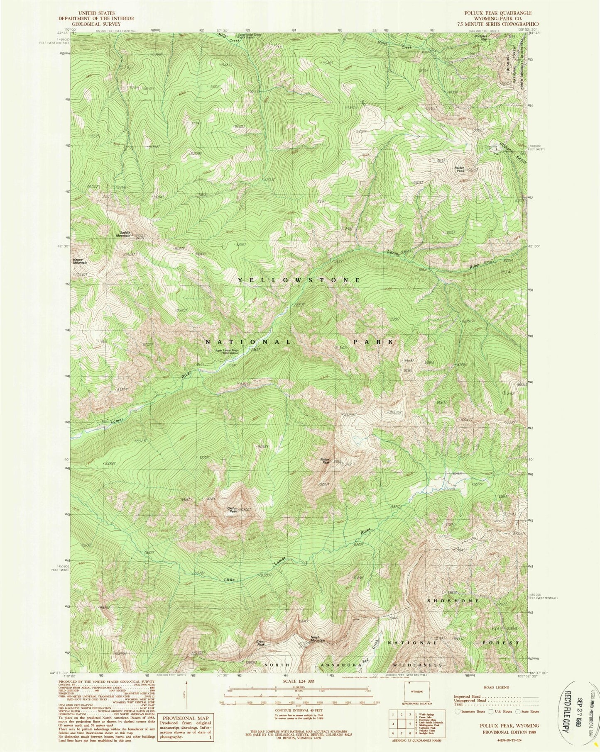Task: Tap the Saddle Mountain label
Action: pyautogui.click(x=125, y=234)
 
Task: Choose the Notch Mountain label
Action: pyautogui.click(x=318, y=639)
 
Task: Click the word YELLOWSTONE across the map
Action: pyautogui.click(x=299, y=280)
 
